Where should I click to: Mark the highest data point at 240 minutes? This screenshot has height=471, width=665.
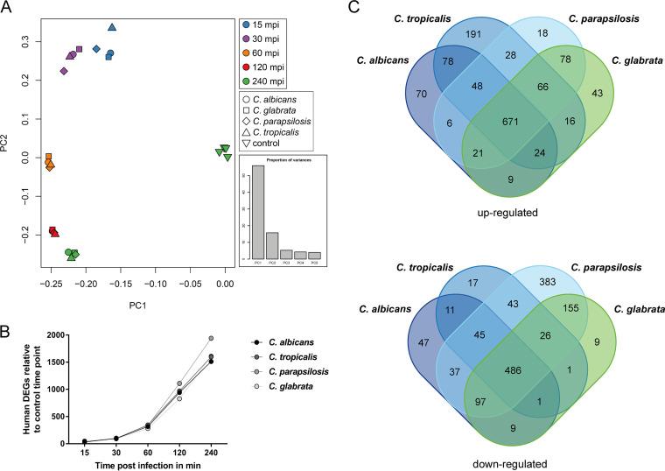click(x=211, y=338)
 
